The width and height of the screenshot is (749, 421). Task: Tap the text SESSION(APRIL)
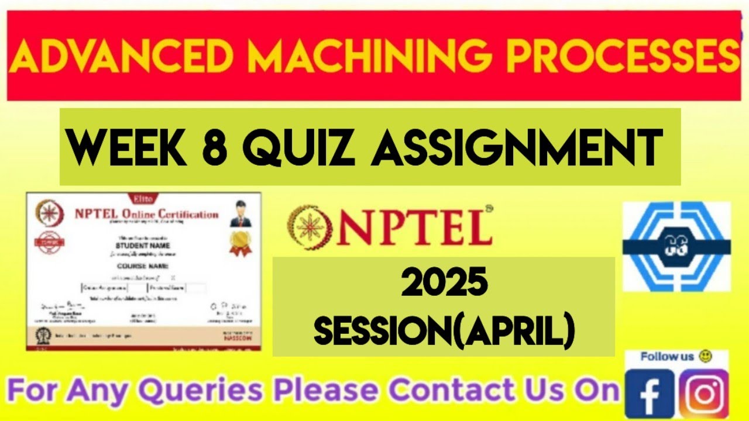444,331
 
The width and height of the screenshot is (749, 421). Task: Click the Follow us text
666,357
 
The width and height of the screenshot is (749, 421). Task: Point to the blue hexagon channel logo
676,247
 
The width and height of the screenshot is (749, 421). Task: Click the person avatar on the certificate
238,213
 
